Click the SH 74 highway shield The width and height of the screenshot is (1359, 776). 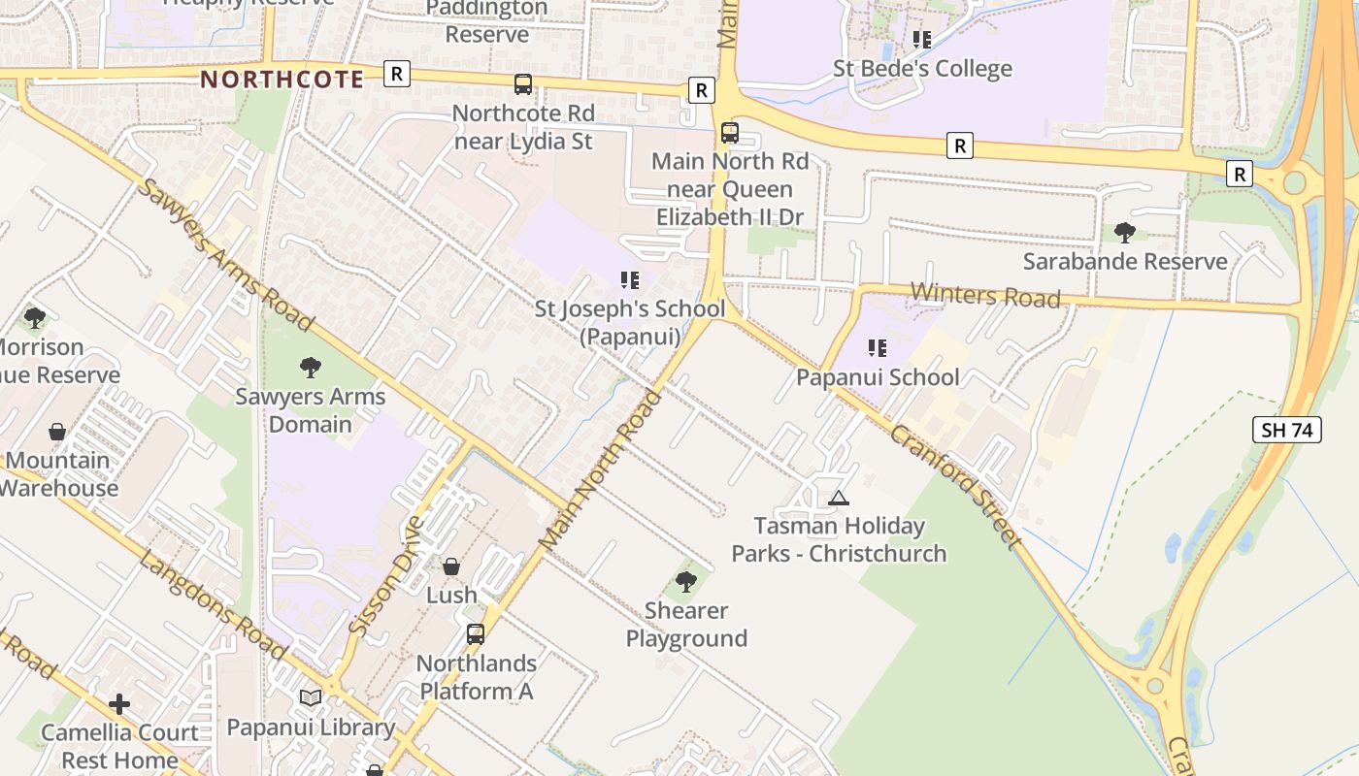point(1287,430)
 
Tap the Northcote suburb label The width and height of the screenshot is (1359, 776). point(282,80)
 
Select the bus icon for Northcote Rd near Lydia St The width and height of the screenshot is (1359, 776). point(523,84)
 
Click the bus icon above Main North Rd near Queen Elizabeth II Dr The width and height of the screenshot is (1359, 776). point(730,133)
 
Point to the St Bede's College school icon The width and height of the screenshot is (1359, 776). point(921,40)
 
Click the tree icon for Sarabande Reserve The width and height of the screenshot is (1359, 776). point(1125,233)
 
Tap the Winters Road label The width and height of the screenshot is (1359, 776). point(985,295)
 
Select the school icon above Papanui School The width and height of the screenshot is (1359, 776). point(878,348)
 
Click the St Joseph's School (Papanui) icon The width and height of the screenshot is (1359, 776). point(630,280)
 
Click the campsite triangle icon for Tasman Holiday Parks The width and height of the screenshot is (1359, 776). point(839,498)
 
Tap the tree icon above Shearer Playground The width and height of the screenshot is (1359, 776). point(686,582)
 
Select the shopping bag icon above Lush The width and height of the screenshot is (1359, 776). point(451,566)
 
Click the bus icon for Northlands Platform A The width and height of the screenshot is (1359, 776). point(476,634)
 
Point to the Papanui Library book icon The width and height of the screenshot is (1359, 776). point(311,697)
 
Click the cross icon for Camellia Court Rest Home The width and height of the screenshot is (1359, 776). point(119,703)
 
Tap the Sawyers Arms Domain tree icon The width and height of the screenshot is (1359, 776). point(311,368)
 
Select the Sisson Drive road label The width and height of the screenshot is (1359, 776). point(386,576)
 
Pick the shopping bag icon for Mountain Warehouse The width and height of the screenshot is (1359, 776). point(57,432)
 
